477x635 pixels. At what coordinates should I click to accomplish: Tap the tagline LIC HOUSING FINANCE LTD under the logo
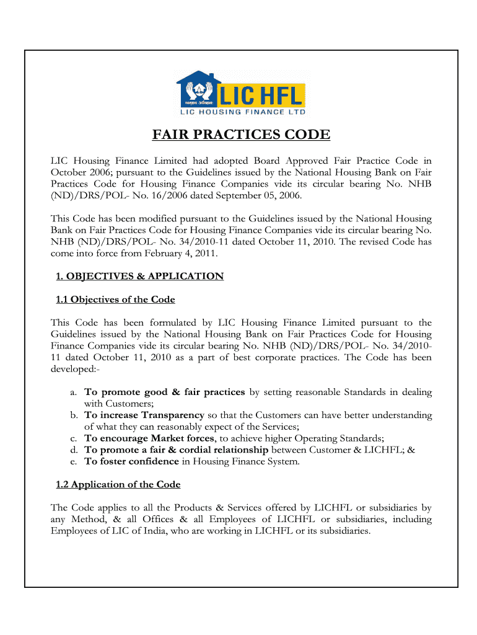pos(241,112)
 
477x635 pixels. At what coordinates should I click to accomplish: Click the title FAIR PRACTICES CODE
pos(242,135)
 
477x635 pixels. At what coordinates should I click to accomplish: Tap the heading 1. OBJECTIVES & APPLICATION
pos(139,277)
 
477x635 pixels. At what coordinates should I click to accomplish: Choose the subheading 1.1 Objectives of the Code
pos(115,300)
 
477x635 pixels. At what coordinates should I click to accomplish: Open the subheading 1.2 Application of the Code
pos(118,484)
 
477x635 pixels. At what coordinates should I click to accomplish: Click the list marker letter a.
pos(72,393)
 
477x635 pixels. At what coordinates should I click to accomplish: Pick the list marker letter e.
pos(72,461)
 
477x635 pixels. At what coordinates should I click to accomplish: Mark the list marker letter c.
pos(72,438)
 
